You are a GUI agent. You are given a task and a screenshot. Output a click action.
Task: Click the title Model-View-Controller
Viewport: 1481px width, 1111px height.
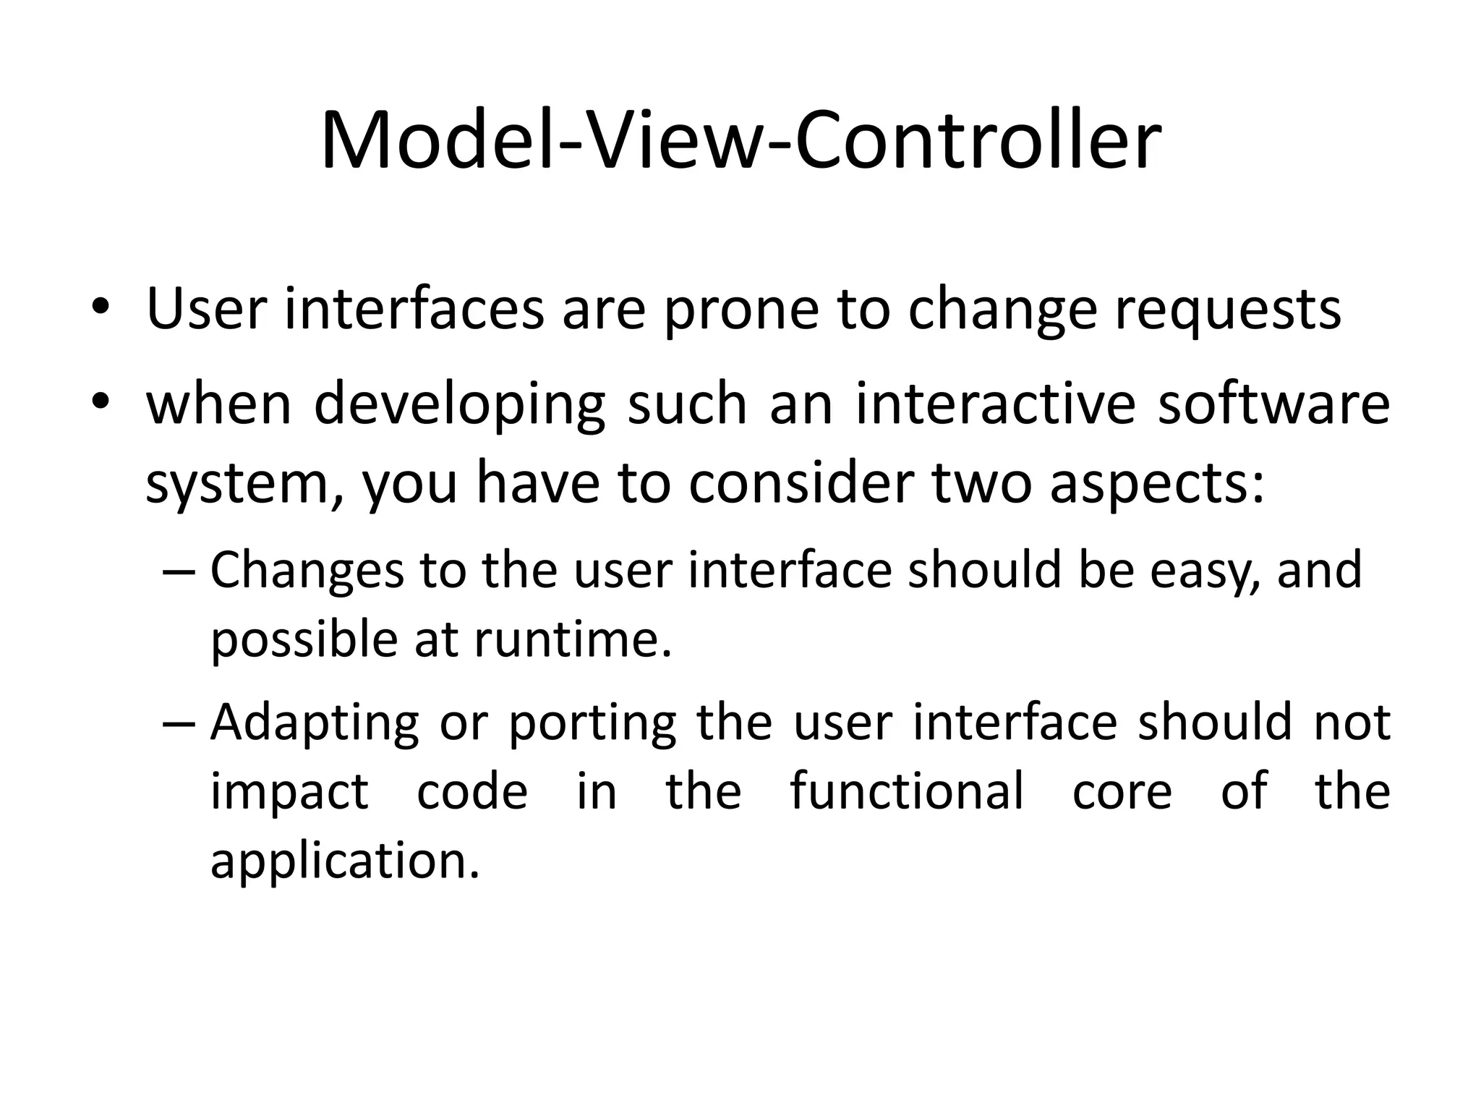pyautogui.click(x=740, y=140)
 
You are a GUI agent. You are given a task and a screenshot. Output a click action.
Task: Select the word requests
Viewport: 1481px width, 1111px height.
pyautogui.click(x=1227, y=311)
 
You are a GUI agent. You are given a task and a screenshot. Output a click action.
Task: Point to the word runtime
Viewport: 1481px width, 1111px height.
pyautogui.click(x=572, y=640)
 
